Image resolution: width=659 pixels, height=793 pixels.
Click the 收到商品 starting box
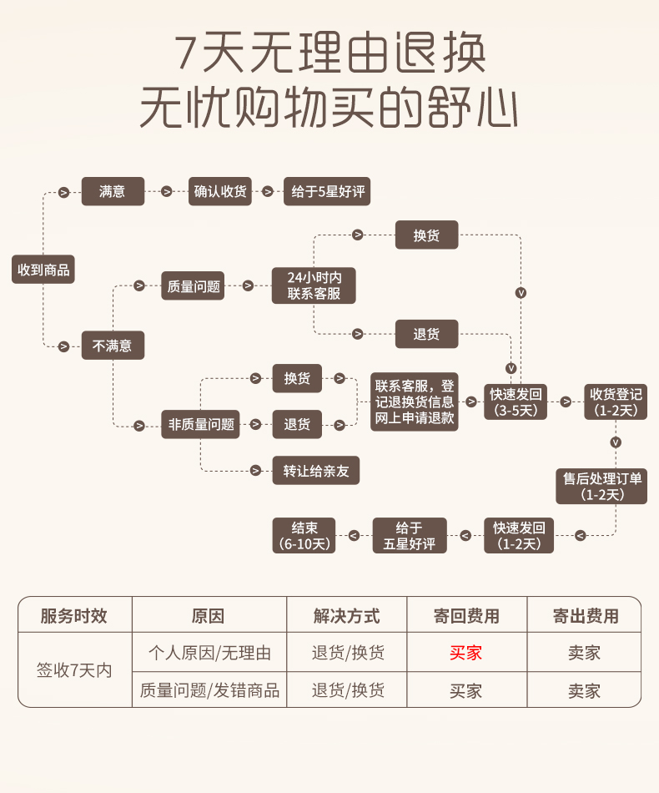[43, 270]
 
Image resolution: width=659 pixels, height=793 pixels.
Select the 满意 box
[113, 191]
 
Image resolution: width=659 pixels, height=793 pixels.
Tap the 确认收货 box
[220, 191]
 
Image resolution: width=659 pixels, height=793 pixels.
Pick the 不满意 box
[113, 345]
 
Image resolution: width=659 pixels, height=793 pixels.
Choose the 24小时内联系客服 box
[314, 285]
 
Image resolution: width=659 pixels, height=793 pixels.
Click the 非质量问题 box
[201, 424]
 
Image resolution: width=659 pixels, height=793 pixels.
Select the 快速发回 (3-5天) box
[518, 402]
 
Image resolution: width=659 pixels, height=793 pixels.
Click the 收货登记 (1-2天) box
[616, 402]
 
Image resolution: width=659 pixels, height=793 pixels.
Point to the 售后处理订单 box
[601, 487]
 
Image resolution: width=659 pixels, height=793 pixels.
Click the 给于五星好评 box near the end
[410, 535]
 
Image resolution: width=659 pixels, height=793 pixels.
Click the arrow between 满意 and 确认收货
[167, 192]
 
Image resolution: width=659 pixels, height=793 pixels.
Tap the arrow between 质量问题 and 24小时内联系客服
[248, 285]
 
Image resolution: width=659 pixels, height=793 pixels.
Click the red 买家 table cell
[466, 653]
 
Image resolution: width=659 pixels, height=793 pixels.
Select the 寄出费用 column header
[586, 616]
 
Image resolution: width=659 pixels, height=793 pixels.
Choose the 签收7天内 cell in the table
[74, 671]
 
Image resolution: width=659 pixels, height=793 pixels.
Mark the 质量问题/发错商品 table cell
[209, 690]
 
